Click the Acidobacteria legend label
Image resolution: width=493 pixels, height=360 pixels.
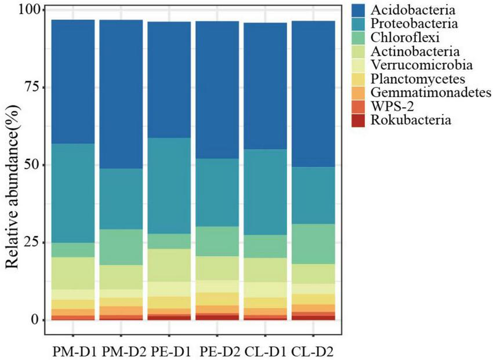(x=413, y=10)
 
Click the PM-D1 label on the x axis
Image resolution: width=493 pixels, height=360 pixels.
(x=73, y=352)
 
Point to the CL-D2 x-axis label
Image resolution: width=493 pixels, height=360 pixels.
(x=316, y=352)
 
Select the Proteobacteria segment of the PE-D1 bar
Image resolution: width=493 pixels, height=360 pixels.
(x=170, y=186)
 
